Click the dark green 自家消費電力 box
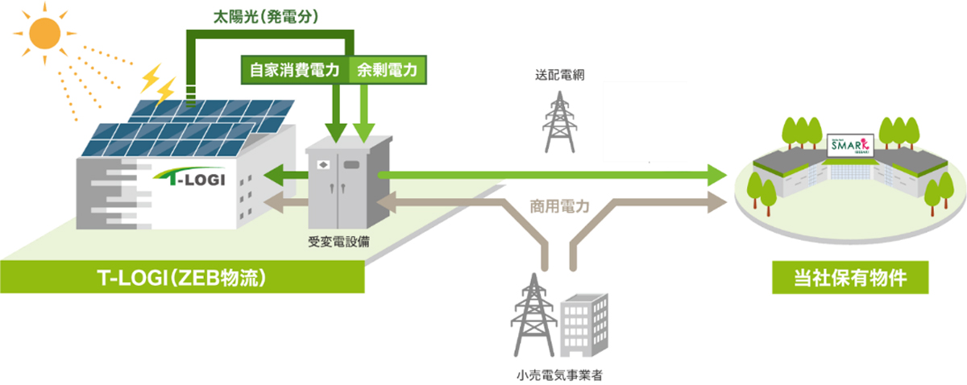296,70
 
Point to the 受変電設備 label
338,242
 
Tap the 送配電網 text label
558,75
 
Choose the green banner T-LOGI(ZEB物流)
182,278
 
